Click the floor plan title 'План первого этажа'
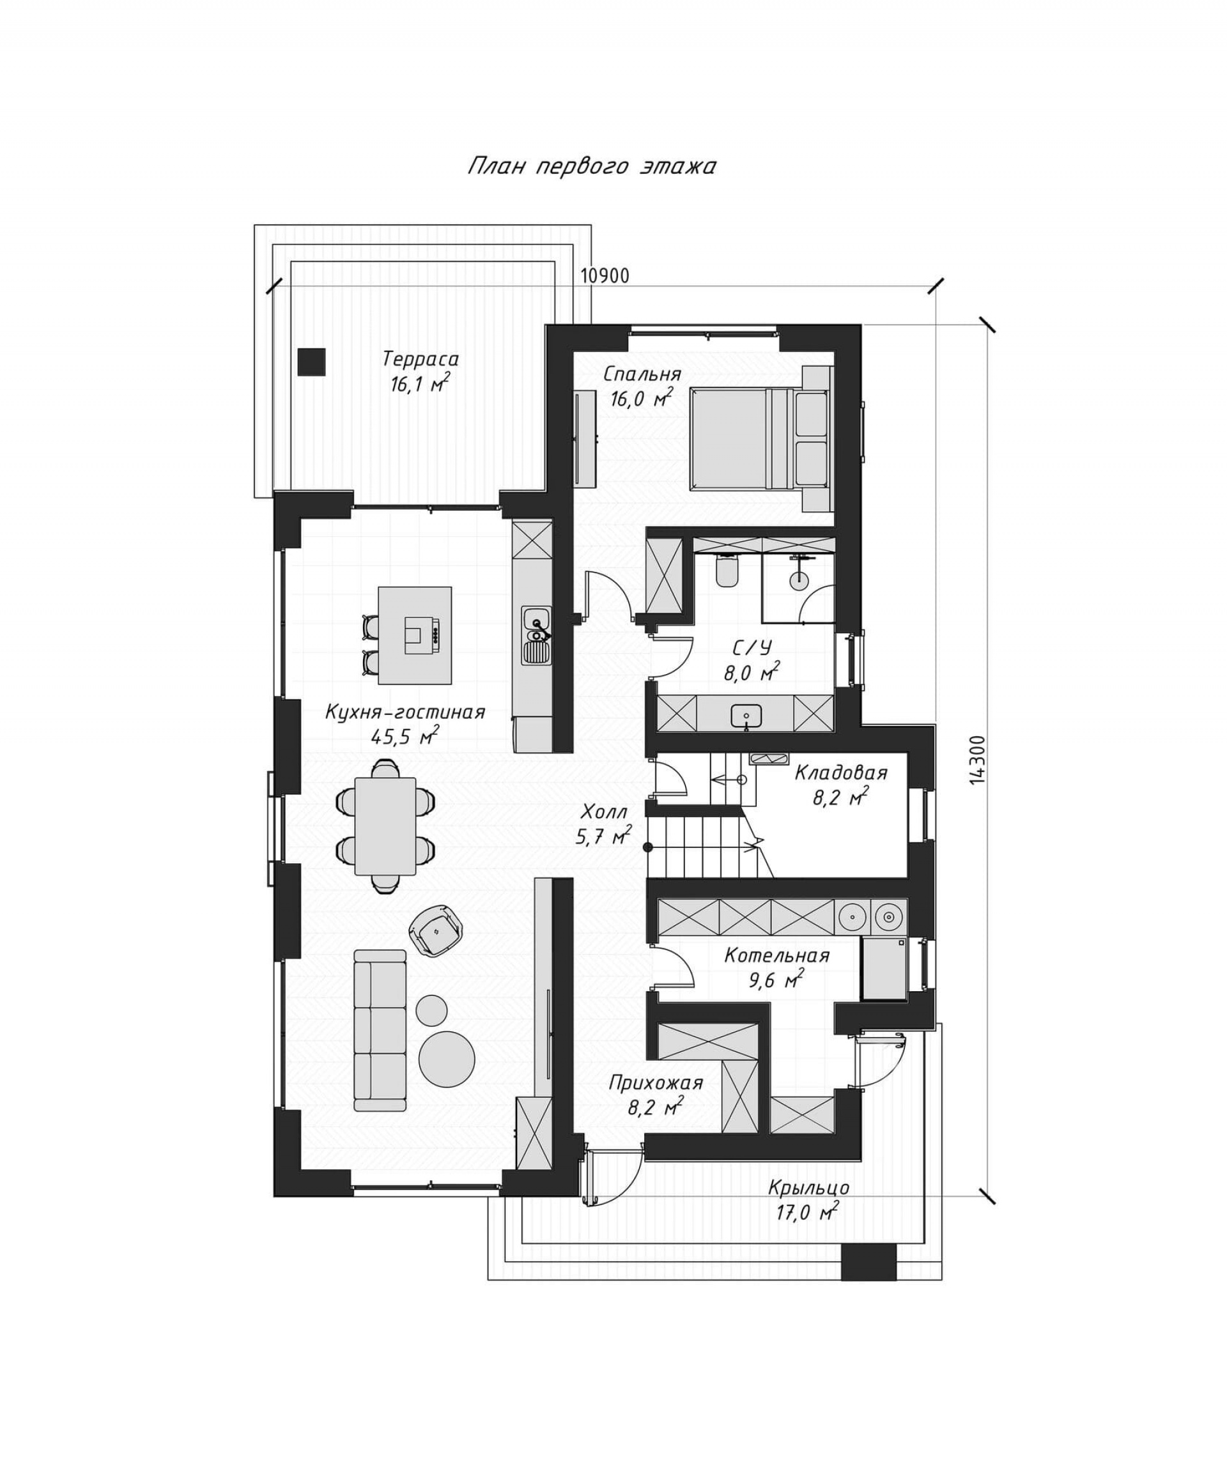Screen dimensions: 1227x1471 point(592,167)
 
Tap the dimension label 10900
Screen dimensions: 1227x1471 point(605,276)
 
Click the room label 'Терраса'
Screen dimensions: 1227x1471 point(421,359)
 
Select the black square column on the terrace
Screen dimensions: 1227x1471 point(311,362)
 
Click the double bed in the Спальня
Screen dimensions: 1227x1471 point(760,438)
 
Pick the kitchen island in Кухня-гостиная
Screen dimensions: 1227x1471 point(415,635)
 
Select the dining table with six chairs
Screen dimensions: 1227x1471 point(385,826)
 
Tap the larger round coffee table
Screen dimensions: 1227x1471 point(447,1059)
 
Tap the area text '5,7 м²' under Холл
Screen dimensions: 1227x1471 point(604,836)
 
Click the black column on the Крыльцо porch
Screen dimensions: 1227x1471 point(868,1263)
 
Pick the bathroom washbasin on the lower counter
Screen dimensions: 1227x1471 point(746,716)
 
